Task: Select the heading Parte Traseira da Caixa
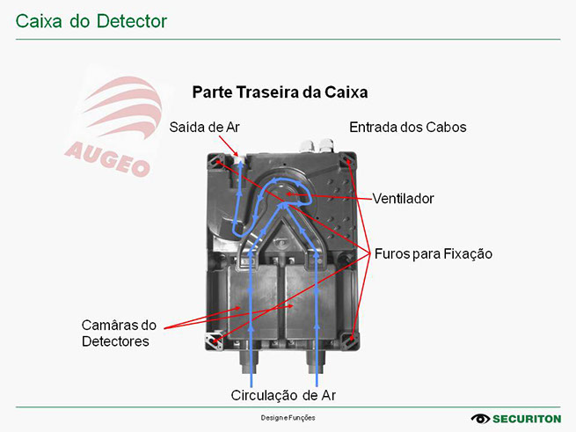[280, 92]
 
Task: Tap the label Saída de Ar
[205, 127]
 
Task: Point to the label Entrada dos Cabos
[407, 127]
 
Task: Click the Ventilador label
[403, 198]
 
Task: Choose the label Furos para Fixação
[433, 253]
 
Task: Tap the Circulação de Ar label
[283, 395]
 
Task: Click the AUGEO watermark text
[107, 156]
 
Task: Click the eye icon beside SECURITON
[480, 419]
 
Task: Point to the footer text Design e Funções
[288, 418]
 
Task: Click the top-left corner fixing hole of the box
[216, 161]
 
